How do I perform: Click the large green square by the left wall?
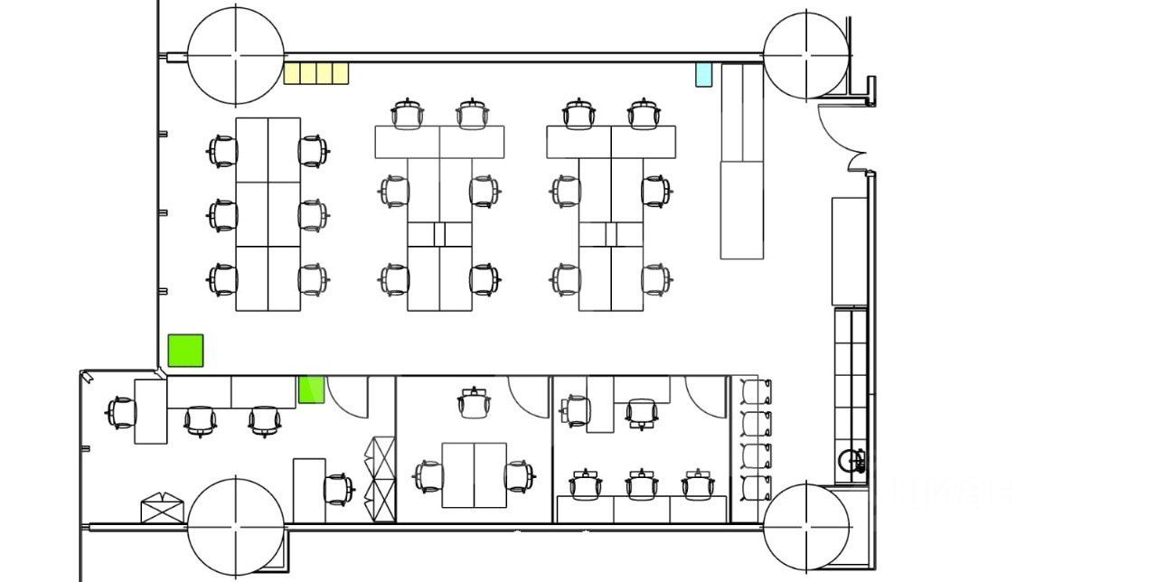click(185, 351)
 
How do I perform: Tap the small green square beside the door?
click(311, 390)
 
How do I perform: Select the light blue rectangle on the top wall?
click(703, 74)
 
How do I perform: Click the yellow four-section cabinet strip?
click(316, 73)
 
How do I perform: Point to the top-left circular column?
click(236, 55)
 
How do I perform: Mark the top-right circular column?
click(806, 55)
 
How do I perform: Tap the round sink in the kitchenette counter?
click(849, 460)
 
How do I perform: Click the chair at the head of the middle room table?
click(472, 402)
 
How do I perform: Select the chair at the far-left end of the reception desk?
click(120, 413)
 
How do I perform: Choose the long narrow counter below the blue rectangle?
click(742, 161)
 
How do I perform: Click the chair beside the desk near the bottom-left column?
click(338, 489)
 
